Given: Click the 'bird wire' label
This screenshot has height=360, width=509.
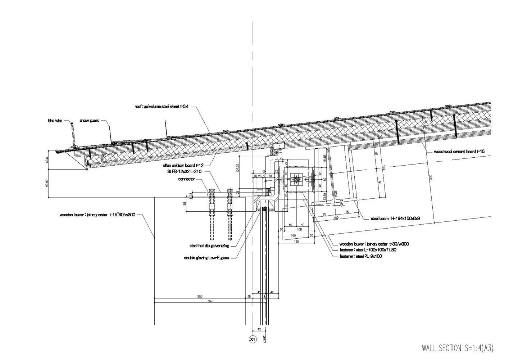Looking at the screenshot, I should point(55,121).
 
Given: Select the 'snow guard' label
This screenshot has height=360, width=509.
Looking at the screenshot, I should point(89,121).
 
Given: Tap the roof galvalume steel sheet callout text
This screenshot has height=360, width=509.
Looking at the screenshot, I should point(162,107).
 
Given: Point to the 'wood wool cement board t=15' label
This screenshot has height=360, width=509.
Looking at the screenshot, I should point(459,152).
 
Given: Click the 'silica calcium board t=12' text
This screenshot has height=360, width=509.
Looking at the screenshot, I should point(183,165).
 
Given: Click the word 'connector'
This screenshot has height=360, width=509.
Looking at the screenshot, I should point(186,179).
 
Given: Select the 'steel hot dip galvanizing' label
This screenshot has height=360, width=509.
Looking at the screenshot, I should point(209,246).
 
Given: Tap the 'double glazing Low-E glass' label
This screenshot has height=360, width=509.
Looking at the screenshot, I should point(206,258).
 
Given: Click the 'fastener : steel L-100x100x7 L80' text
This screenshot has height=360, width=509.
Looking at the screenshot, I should point(368,250).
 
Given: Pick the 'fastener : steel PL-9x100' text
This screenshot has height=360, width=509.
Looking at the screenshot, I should point(361,256).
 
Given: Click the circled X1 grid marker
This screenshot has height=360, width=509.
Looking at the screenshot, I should point(253,339).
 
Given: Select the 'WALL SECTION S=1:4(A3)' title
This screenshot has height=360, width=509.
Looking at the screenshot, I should point(457,348).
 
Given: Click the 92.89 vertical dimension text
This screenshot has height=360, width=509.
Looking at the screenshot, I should point(46,183).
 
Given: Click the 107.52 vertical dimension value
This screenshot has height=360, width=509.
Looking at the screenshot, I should point(237,168).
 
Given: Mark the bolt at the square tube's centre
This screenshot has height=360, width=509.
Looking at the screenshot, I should point(296,180).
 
